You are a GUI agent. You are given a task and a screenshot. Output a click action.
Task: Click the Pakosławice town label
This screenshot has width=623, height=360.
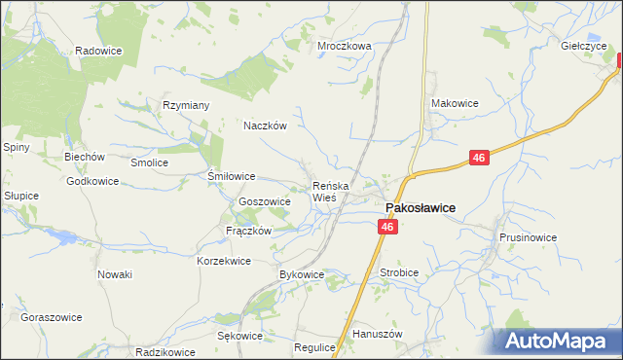coord(420,207)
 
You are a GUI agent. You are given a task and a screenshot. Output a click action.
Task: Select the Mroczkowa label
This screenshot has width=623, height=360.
coord(345,46)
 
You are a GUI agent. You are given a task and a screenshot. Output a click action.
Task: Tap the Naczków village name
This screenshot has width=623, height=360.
coord(264,126)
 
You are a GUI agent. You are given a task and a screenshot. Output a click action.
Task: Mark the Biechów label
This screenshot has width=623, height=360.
coord(84,157)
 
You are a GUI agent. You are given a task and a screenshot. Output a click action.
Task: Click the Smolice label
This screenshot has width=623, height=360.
coord(150,162)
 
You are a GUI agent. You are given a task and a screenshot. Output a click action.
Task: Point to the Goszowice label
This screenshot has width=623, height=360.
coord(265,201)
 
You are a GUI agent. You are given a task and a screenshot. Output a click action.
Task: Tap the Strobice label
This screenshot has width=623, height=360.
coord(399,273)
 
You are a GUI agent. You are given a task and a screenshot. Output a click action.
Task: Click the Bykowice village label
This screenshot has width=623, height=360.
coord(301,275)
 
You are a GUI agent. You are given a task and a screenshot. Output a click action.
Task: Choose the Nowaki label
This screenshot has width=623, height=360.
coord(114,274)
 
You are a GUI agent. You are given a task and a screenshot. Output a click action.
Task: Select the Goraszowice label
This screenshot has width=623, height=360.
coord(51,317)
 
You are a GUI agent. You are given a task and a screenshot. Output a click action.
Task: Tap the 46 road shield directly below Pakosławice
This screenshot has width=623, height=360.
coord(387,227)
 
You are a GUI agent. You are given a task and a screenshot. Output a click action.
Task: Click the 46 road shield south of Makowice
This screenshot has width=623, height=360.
coord(477,157)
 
